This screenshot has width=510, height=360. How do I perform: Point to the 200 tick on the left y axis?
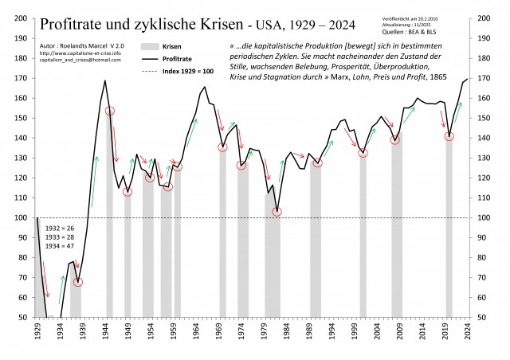click(x=22, y=18)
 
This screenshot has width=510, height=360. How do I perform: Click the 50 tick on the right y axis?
click(x=485, y=317)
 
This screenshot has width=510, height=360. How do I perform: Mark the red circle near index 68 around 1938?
click(x=78, y=282)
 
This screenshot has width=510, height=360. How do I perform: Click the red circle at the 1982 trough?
click(x=277, y=212)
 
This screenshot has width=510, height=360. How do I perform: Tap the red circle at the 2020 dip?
click(x=449, y=136)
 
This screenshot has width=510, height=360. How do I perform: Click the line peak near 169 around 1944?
click(x=105, y=80)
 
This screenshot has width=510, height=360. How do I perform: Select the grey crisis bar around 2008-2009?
click(x=396, y=223)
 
